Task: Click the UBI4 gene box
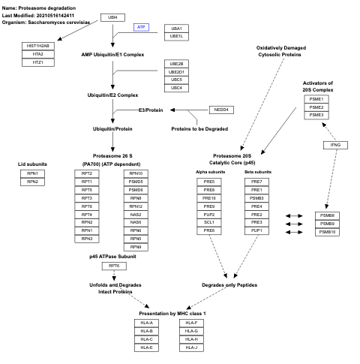(x=112, y=17)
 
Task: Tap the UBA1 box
(x=176, y=28)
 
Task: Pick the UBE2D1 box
(x=176, y=71)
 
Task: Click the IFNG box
(x=336, y=144)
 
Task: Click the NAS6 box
(x=136, y=222)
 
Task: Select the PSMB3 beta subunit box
(x=256, y=197)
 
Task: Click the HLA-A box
(x=147, y=323)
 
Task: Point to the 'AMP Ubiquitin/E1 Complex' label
(x=112, y=54)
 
